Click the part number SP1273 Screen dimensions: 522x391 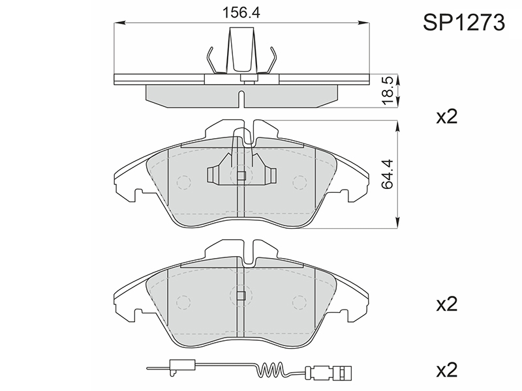tap(464, 23)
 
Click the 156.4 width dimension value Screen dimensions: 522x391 tap(241, 12)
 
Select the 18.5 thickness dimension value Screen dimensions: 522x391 tap(388, 91)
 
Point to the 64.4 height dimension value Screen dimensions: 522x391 tap(388, 174)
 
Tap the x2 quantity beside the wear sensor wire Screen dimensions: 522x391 tap(447, 369)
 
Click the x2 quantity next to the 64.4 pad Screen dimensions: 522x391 tap(447, 117)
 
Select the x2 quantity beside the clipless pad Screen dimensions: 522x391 tap(447, 304)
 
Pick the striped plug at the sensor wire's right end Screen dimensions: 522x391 tap(343, 370)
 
